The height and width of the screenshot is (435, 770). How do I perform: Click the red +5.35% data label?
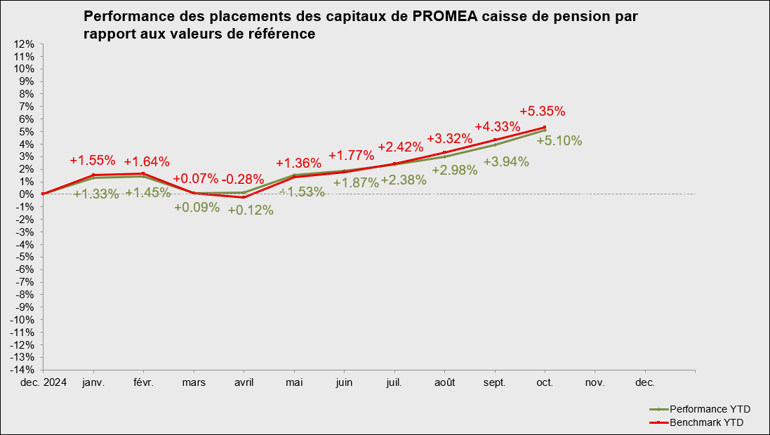543,111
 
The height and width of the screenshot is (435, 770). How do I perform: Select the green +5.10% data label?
559,140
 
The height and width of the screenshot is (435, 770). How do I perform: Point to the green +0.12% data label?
251,210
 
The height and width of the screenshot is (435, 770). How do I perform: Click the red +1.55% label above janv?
93,160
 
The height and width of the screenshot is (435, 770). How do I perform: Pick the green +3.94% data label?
506,162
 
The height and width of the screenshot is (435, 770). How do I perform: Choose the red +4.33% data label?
498,127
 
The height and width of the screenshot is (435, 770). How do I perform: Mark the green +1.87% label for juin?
356,182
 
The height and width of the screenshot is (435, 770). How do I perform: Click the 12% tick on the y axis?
25,44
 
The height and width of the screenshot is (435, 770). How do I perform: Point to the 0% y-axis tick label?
27,194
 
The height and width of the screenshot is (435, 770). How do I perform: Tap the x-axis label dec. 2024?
43,383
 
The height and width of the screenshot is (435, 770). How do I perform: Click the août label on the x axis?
444,383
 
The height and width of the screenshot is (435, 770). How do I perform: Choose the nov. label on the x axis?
595,383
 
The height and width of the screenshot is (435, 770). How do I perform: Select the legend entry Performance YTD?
706,409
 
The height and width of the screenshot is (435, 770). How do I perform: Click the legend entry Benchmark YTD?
706,422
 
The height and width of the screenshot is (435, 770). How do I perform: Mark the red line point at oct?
545,128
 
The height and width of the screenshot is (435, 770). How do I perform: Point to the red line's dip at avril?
244,197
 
